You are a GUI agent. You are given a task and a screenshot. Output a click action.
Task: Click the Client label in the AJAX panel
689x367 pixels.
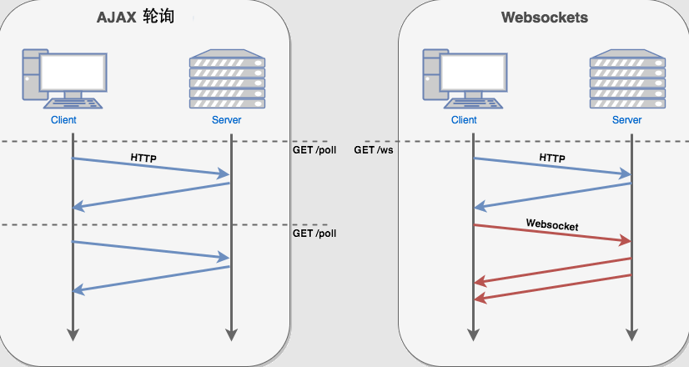point(63,120)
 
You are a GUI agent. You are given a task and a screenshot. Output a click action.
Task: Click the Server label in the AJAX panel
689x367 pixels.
point(227,120)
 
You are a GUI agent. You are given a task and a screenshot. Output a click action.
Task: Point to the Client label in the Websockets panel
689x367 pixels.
point(464,120)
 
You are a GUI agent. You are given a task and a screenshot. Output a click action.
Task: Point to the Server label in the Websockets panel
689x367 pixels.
point(627,120)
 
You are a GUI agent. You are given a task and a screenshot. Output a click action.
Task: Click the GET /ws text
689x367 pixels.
point(375,150)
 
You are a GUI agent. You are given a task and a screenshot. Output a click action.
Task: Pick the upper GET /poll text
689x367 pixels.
point(314,150)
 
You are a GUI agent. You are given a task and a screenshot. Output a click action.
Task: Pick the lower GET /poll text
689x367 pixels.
point(314,234)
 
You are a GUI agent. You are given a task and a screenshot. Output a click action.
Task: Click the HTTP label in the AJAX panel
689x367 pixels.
point(143,157)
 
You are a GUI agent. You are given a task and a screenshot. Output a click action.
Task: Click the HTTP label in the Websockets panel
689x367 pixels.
point(552,157)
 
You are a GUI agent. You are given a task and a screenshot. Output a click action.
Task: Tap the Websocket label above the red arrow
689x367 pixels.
point(552,224)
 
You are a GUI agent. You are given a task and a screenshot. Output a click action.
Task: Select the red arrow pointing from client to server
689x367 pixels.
point(552,233)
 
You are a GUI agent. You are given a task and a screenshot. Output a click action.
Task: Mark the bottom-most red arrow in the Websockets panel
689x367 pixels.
point(552,286)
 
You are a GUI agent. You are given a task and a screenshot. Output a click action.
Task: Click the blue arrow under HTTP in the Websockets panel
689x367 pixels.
point(552,166)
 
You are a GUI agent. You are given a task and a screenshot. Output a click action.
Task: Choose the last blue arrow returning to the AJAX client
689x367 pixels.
point(152,279)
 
